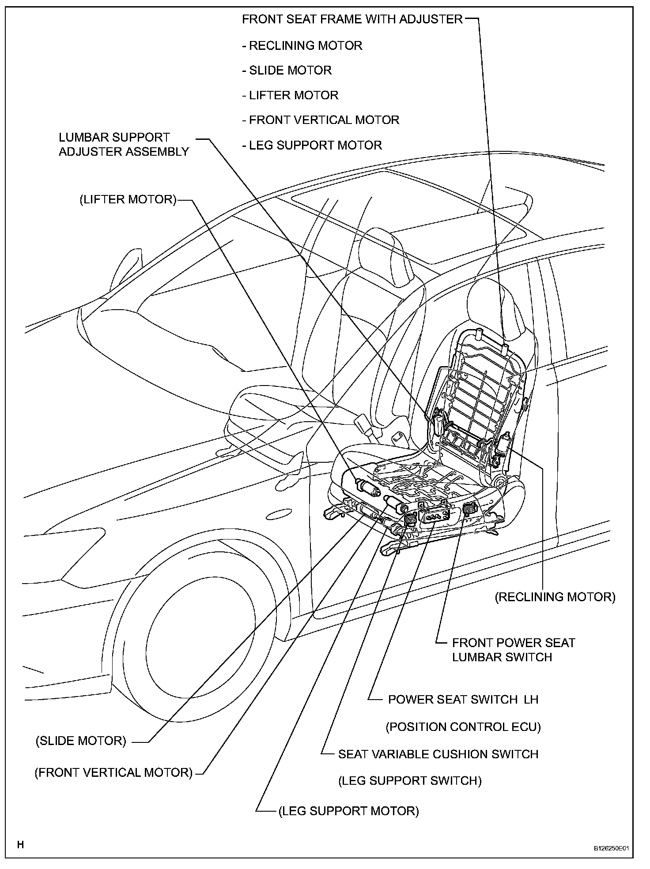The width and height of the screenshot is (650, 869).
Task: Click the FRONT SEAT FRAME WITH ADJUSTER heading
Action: [352, 19]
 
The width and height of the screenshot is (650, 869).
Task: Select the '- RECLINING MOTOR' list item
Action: [302, 45]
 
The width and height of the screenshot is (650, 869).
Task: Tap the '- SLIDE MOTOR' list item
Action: [287, 70]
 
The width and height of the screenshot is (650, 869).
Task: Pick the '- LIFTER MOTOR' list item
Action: [290, 95]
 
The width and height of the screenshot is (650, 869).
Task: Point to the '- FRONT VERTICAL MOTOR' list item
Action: [321, 120]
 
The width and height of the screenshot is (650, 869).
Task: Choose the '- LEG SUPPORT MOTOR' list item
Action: [312, 145]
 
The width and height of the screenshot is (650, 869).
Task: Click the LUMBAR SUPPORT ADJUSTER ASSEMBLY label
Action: [124, 144]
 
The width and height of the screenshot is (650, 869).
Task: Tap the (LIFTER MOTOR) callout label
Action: [128, 199]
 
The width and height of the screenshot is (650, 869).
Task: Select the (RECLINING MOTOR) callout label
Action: [555, 596]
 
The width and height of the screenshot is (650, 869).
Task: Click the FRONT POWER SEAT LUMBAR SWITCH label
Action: [513, 649]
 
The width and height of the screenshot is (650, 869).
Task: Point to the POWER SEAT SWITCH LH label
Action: [463, 699]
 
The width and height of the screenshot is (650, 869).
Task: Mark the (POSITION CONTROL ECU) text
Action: [463, 727]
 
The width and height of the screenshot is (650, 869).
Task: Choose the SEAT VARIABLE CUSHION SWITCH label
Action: [438, 754]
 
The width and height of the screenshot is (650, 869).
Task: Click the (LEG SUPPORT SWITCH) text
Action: [410, 780]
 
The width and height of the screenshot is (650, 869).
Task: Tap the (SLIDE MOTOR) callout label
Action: [81, 741]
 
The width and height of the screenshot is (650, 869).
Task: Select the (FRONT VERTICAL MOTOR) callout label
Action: [113, 772]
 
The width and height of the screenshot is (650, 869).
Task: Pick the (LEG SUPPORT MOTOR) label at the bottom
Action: [348, 810]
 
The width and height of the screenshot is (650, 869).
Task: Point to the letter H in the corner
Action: [20, 845]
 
